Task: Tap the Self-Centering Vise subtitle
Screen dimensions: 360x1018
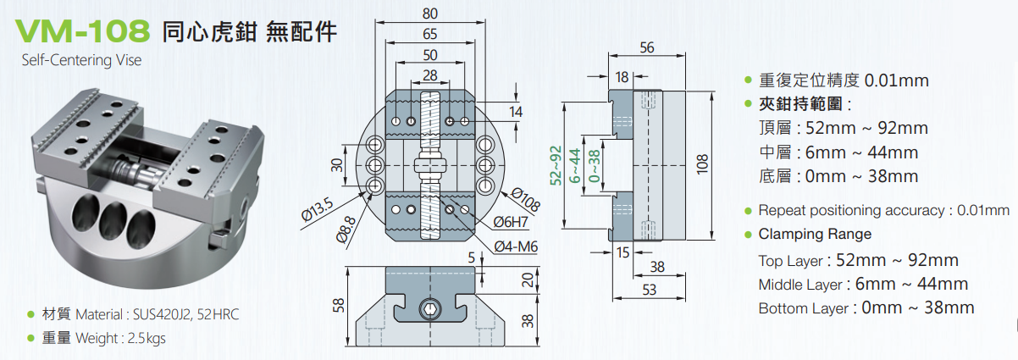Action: [x=81, y=60]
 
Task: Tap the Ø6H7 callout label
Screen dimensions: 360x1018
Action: [x=512, y=222]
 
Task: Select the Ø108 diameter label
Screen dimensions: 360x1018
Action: [x=527, y=199]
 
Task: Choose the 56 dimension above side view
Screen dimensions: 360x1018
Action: [x=648, y=48]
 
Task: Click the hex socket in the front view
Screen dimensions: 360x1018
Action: [x=429, y=311]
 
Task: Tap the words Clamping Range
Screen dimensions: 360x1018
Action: [x=815, y=234]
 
